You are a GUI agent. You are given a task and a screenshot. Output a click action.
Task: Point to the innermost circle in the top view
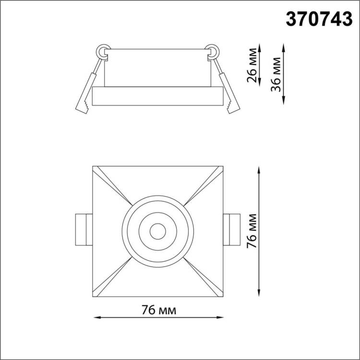[x=156, y=231]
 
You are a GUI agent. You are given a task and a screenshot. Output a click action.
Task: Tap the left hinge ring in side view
[x=103, y=51]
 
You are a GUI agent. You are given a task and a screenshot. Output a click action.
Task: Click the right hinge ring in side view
[x=211, y=51]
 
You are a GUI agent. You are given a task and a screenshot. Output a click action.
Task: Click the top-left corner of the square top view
[x=93, y=167]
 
